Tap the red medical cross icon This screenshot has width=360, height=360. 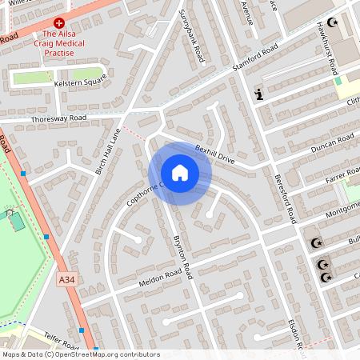click(x=59, y=25)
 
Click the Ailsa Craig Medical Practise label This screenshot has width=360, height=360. click(x=70, y=43)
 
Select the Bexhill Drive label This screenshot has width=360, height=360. click(x=215, y=154)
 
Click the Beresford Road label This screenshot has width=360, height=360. click(x=286, y=199)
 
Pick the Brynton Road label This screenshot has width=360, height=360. click(x=182, y=256)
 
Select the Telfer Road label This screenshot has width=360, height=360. click(x=61, y=342)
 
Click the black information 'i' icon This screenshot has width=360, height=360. click(x=258, y=94)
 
